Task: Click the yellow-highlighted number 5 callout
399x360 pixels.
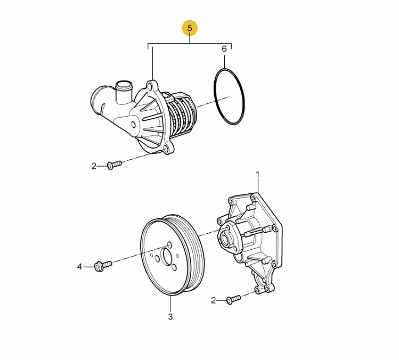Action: pos(190,28)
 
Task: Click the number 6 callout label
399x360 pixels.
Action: pos(224,49)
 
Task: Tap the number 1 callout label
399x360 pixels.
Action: pos(257,175)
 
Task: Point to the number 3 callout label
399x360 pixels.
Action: pos(170,316)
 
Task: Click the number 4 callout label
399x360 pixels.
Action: pos(80,267)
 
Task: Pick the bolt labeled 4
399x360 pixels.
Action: pos(103,266)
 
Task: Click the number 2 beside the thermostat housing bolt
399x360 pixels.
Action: pos(94,166)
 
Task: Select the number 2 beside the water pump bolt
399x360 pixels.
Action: pos(213,300)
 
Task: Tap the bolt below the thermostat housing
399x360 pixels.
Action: pos(114,165)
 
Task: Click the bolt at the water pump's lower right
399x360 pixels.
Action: pos(233,299)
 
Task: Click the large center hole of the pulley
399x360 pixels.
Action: pos(167,257)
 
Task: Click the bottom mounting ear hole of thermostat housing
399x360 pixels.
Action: pos(166,149)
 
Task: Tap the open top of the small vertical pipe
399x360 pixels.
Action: pos(124,84)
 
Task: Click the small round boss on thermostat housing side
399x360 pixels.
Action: pos(134,125)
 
